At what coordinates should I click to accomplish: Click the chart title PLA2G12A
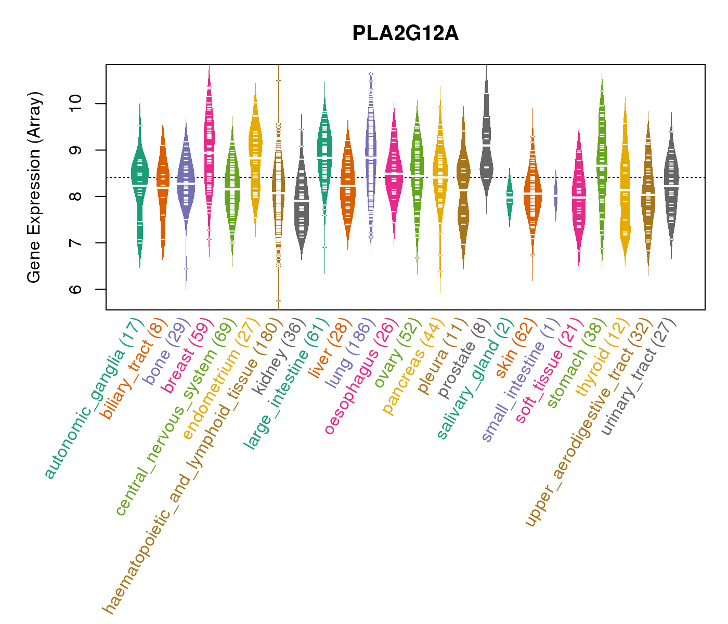coord(405,34)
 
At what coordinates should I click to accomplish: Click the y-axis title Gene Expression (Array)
coord(34,188)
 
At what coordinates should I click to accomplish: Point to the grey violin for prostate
coord(487,140)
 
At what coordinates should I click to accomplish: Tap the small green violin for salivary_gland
coord(510,198)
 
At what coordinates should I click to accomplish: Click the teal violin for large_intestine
coord(325,156)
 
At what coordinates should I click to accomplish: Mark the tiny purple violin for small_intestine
coord(555,195)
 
